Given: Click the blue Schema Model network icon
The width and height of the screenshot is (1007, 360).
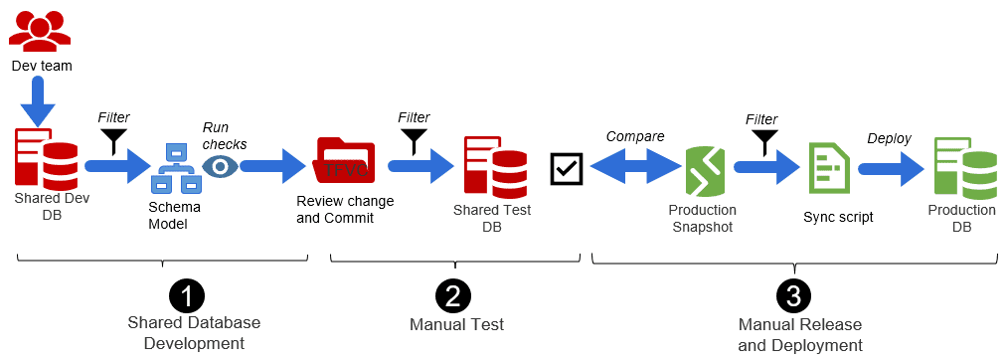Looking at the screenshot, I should (175, 169).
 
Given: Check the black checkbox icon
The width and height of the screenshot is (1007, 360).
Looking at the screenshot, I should (567, 168).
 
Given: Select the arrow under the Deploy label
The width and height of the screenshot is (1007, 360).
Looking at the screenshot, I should (891, 168).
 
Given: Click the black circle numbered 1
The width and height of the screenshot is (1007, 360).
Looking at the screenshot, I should (187, 295).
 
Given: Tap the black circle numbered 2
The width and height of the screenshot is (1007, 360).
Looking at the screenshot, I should (453, 295).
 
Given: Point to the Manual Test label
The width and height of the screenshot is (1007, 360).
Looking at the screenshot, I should (456, 324).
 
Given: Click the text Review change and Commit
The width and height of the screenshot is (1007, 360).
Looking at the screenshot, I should (345, 209).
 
